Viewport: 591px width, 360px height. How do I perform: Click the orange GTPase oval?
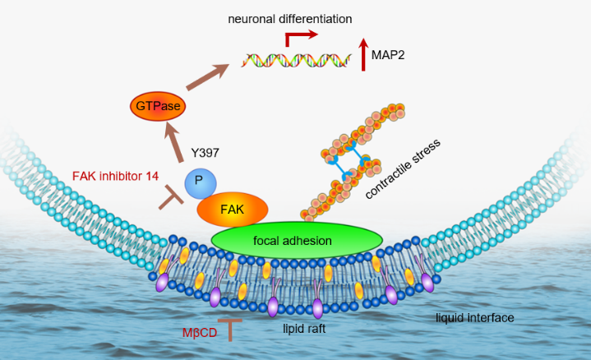[x=158, y=106]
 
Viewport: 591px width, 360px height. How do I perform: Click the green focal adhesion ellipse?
[x=297, y=241]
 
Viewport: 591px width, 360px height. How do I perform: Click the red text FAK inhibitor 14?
[x=115, y=175]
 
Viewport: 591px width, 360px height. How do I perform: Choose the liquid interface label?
[x=475, y=317]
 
